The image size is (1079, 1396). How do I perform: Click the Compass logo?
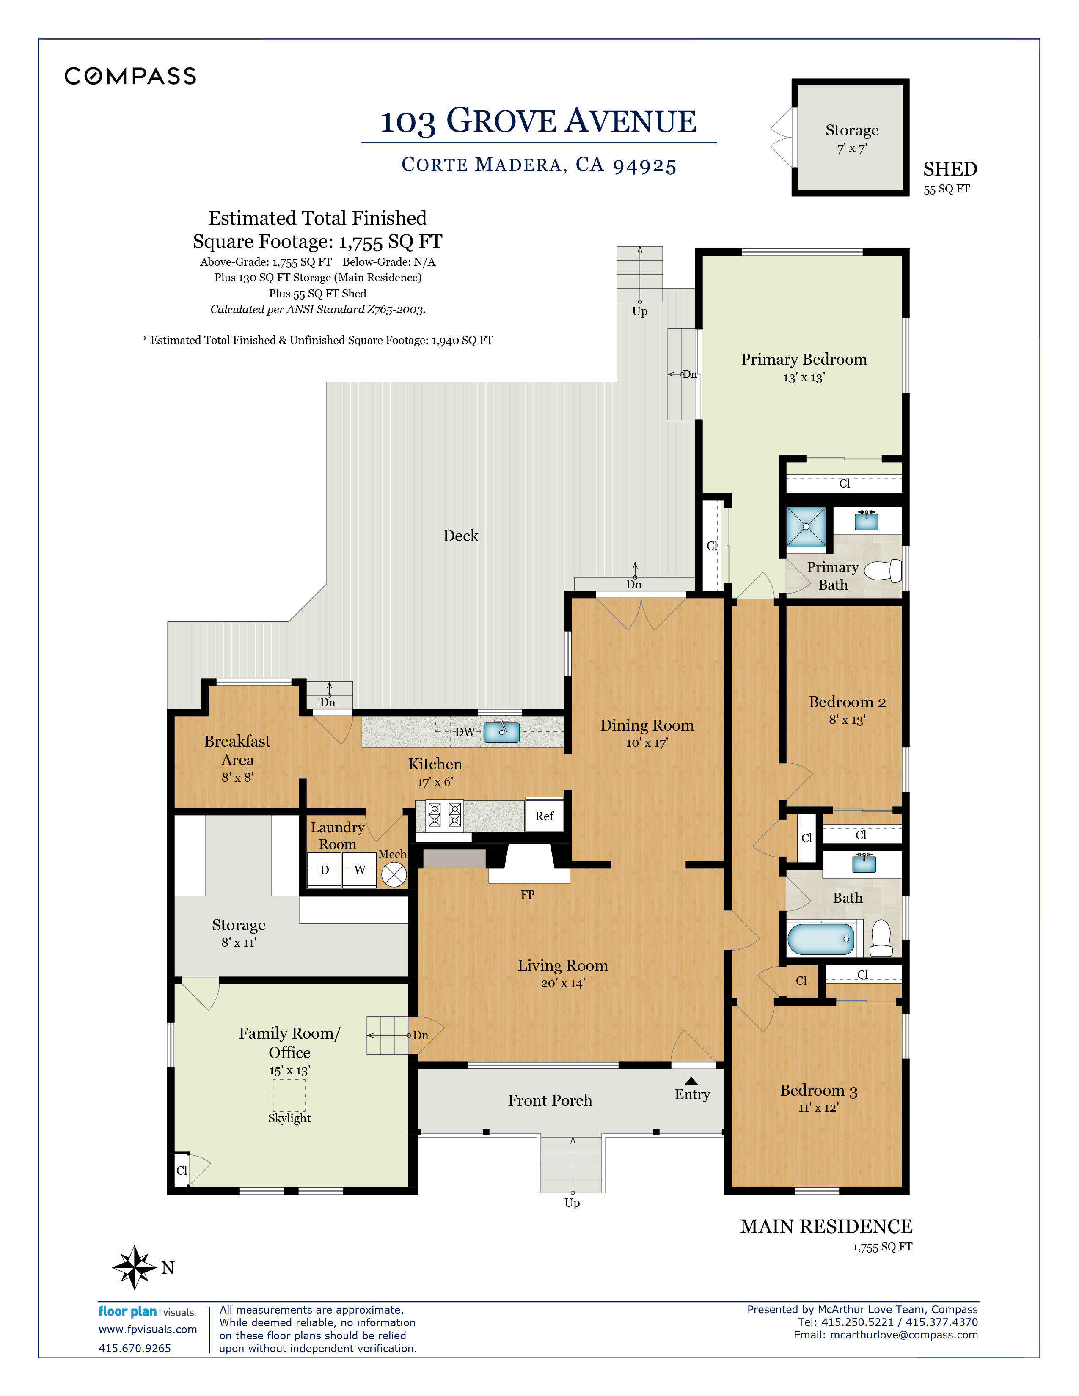click(x=130, y=76)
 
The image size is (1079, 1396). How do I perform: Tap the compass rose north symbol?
click(x=134, y=1267)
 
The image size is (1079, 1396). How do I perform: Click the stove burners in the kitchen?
click(x=444, y=815)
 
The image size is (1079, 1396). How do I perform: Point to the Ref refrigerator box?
click(x=545, y=816)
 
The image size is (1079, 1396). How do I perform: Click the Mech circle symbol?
click(x=394, y=874)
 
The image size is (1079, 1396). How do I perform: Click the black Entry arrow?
click(x=691, y=1081)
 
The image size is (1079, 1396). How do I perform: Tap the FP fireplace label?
click(x=527, y=895)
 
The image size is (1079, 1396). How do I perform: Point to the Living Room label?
click(x=562, y=965)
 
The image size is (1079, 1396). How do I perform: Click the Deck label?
click(x=461, y=536)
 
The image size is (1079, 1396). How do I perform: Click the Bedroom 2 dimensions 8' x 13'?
click(x=847, y=720)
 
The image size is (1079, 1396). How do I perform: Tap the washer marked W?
click(x=359, y=870)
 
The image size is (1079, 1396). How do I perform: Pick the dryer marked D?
click(x=324, y=870)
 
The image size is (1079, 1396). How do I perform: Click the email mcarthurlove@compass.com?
click(x=904, y=1335)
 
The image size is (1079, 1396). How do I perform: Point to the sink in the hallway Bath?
click(x=864, y=863)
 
